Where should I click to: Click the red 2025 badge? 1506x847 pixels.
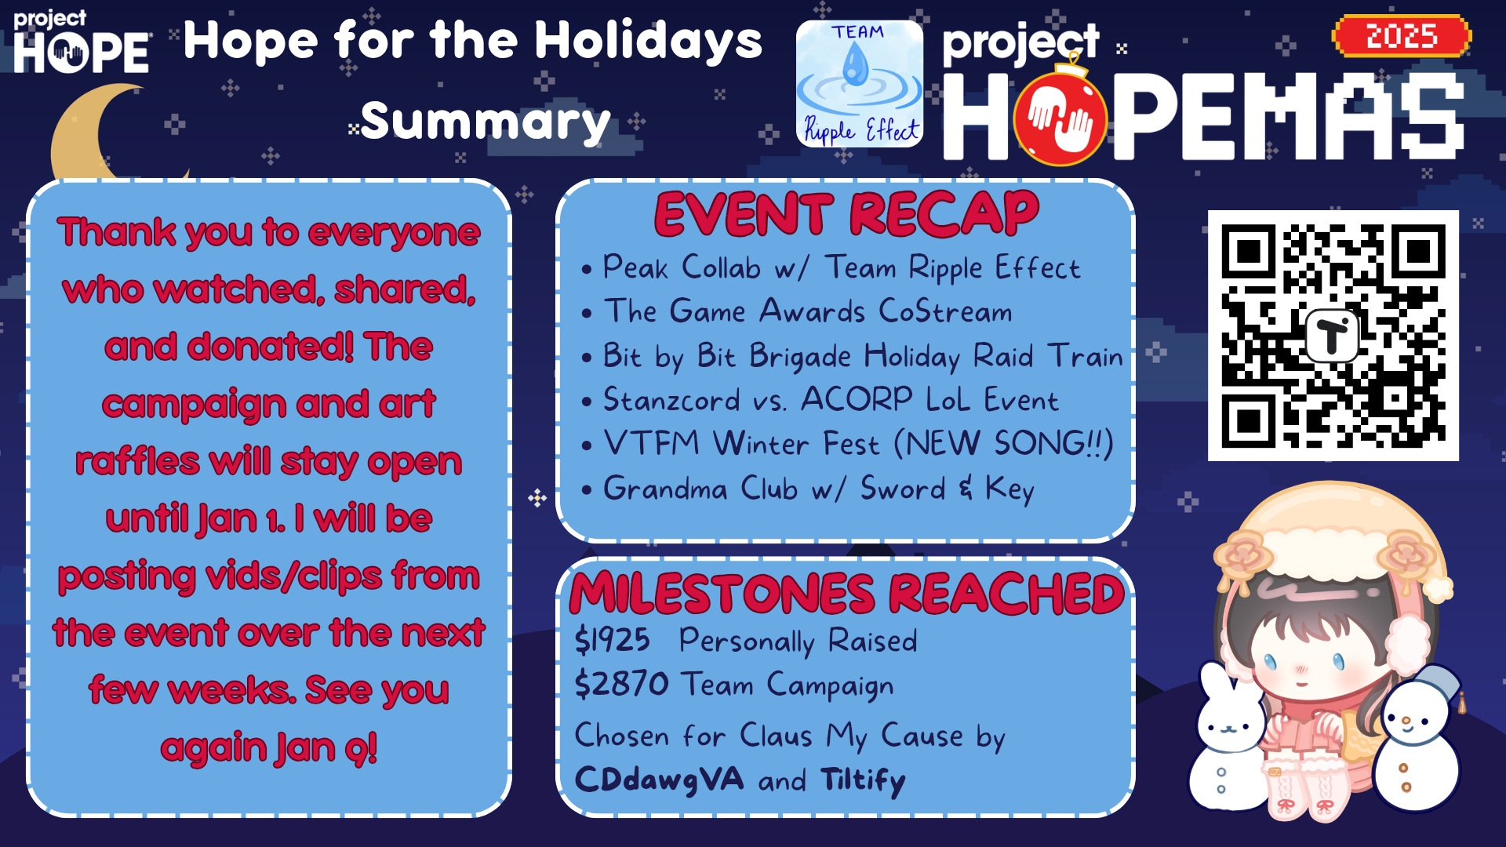pos(1402,36)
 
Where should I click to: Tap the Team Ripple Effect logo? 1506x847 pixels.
pos(860,84)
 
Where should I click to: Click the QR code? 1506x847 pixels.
pos(1333,336)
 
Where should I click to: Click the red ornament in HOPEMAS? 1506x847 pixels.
pos(1060,115)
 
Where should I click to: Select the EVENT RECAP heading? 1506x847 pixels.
pos(846,214)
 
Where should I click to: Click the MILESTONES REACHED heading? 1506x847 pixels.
pos(847,593)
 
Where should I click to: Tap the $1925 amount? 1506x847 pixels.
pos(612,641)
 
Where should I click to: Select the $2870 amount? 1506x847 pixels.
pos(621,684)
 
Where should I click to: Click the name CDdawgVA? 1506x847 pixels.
pos(659,780)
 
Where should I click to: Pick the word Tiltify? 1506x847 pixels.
pos(863,780)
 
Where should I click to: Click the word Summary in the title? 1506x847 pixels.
pos(486,122)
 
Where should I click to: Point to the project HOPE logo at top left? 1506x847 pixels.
pos(81,42)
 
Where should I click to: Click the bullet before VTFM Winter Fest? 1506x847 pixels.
pos(586,446)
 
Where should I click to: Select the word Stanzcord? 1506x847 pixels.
pos(671,400)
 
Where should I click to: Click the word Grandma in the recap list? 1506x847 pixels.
pos(665,489)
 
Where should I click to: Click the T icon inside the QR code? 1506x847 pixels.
pos(1332,336)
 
